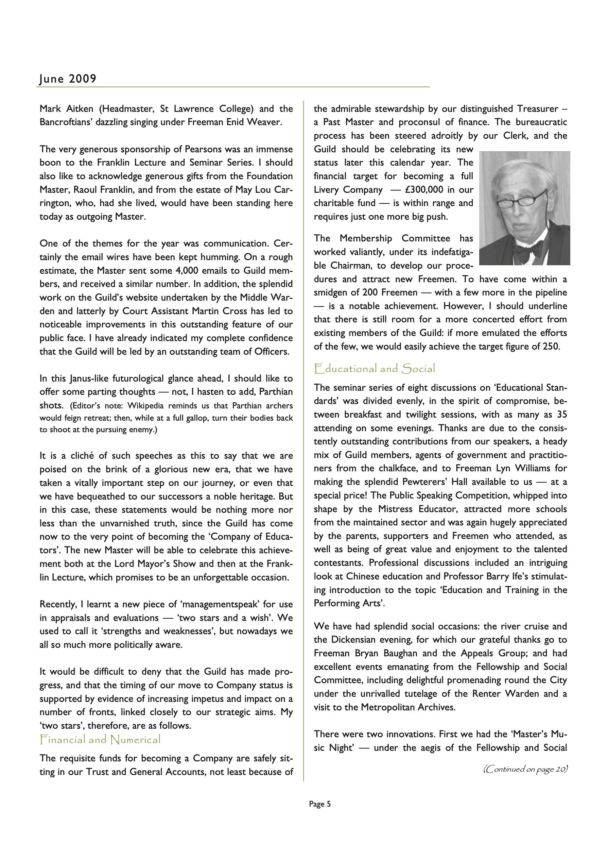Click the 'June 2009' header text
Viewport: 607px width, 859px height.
point(68,79)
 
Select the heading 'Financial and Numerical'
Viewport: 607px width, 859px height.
point(100,739)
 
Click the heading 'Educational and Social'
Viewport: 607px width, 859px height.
point(375,369)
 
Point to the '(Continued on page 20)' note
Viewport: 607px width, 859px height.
point(525,769)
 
